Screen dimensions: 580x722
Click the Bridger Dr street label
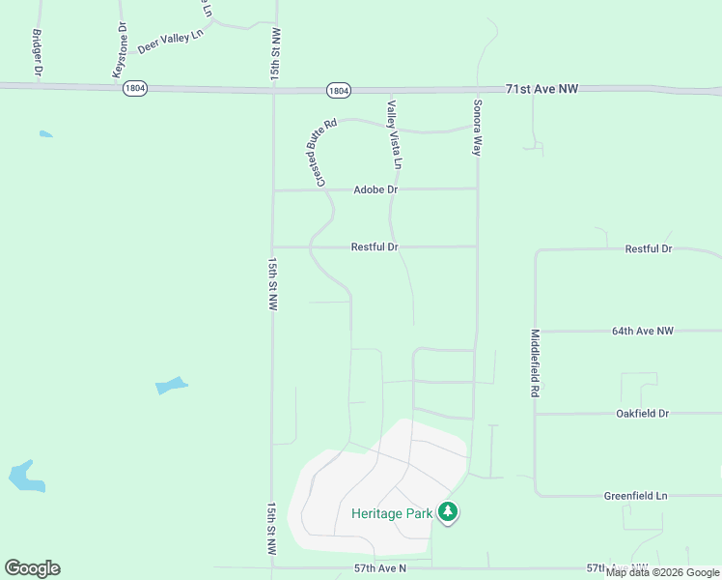[38, 52]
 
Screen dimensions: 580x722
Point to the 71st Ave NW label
[541, 89]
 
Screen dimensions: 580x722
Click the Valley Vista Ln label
[394, 135]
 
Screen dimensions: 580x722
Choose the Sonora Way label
[477, 127]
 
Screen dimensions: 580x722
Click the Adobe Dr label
[375, 189]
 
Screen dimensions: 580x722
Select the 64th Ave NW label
[642, 331]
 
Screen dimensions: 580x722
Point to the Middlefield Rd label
[534, 364]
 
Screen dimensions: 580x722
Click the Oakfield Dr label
[642, 414]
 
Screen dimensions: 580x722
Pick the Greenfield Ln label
[635, 496]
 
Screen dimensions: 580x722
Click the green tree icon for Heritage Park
[448, 511]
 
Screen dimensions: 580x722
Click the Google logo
[32, 568]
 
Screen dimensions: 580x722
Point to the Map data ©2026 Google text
[662, 572]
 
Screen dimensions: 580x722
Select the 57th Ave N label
[375, 568]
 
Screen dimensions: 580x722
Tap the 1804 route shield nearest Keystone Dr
[135, 88]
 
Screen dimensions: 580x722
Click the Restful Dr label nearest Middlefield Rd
[648, 248]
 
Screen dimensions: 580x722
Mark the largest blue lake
[26, 476]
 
